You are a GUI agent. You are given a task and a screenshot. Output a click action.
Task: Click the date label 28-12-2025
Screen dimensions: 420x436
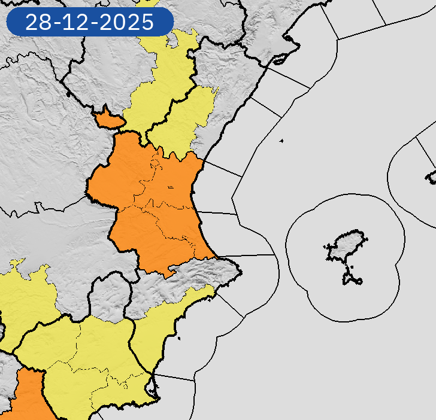(90, 23)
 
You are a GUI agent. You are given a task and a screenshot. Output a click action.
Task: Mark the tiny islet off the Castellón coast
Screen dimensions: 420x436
(281, 141)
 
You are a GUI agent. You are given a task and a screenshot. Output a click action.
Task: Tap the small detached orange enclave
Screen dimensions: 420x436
(108, 118)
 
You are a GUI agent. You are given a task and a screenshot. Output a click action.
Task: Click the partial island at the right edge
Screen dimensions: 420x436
(431, 176)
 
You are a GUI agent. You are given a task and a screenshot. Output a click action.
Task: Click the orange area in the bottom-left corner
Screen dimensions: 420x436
(27, 398)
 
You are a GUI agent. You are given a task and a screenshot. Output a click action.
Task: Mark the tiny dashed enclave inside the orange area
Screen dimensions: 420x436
(171, 187)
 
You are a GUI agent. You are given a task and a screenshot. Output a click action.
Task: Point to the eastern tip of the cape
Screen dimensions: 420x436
(241, 272)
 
